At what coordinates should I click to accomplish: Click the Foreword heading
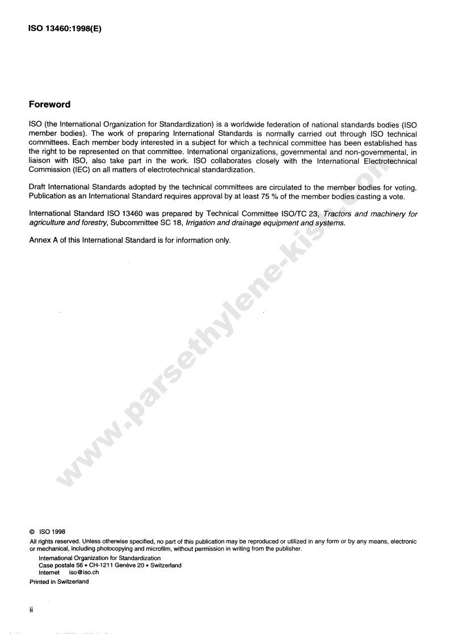[x=49, y=105]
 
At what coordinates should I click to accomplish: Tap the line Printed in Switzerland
[x=59, y=582]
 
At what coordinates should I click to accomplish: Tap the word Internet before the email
[x=49, y=573]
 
